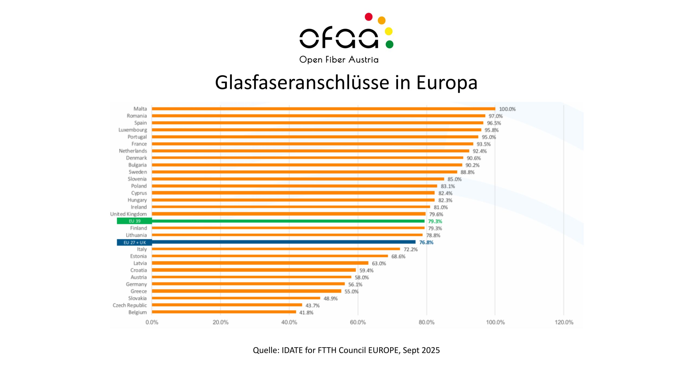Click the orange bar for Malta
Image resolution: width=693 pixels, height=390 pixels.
pyautogui.click(x=323, y=109)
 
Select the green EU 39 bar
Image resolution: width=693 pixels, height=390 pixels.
pyautogui.click(x=288, y=221)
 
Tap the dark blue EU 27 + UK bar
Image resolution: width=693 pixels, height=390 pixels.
pyautogui.click(x=283, y=242)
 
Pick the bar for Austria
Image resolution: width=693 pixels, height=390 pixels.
pyautogui.click(x=251, y=277)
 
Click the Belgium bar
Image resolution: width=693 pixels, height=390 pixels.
pyautogui.click(x=224, y=312)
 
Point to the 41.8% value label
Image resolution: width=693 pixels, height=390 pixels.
pyautogui.click(x=306, y=313)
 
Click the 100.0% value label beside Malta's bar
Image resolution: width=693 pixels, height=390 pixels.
pyautogui.click(x=507, y=109)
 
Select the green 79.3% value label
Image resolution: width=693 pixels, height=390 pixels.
pyautogui.click(x=435, y=221)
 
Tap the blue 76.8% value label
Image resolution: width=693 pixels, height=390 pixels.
pyautogui.click(x=426, y=242)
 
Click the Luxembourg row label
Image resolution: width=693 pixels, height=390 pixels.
pyautogui.click(x=133, y=130)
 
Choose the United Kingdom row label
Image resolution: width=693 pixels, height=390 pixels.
pyautogui.click(x=128, y=214)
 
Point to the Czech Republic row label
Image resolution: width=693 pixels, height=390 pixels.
pyautogui.click(x=130, y=305)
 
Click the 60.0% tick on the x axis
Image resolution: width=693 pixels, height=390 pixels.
pyautogui.click(x=358, y=322)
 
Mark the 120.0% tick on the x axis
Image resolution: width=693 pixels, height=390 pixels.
pyautogui.click(x=564, y=322)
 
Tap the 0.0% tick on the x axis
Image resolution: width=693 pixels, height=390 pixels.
pyautogui.click(x=152, y=322)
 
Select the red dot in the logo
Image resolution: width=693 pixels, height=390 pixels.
pyautogui.click(x=368, y=17)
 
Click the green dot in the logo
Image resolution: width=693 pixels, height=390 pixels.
pyautogui.click(x=389, y=44)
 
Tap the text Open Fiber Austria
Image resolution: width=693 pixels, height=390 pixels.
pyautogui.click(x=339, y=60)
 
